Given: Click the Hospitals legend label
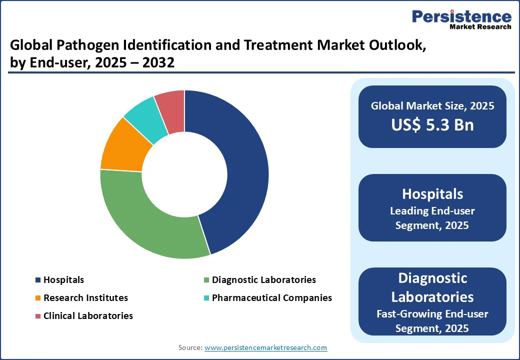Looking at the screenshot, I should (63, 280).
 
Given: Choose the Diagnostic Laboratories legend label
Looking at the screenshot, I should (263, 280).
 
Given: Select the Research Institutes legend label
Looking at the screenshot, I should (85, 298).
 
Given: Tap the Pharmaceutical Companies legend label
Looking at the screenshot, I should (271, 298).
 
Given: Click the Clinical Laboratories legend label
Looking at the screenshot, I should (88, 316).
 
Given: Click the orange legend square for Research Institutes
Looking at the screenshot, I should (37, 298).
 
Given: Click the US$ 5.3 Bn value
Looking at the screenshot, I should (432, 124).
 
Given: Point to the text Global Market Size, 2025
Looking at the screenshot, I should (432, 106).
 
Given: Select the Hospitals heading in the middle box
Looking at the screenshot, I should (432, 193).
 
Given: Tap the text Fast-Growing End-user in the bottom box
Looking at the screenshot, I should (432, 314).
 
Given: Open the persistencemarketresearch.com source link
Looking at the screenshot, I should (265, 347).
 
